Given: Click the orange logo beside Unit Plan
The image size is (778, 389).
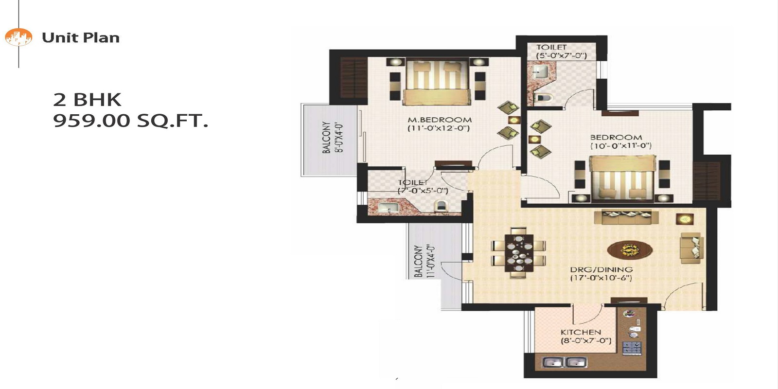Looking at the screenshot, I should click(x=18, y=37).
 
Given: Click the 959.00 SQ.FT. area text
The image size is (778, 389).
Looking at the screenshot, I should click(x=130, y=121).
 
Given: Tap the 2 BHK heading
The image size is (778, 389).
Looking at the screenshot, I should click(x=87, y=100).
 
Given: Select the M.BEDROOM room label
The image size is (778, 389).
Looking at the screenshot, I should click(x=440, y=120).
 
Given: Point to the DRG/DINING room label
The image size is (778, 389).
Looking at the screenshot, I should click(x=601, y=269).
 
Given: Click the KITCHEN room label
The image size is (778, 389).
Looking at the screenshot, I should click(x=581, y=332).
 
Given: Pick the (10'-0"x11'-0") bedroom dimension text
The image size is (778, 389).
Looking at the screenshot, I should click(x=621, y=146).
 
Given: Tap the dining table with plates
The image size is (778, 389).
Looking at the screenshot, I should click(x=519, y=252).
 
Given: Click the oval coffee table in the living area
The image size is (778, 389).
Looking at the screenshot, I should click(x=630, y=250).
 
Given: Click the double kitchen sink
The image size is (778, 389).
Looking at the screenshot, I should click(x=564, y=362).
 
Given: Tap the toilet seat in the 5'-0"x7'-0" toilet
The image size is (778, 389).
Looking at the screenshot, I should click(x=544, y=98).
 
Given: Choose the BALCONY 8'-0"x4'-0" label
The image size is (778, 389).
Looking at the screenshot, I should click(x=333, y=138).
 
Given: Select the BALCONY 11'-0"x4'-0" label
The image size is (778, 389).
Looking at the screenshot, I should click(x=424, y=261).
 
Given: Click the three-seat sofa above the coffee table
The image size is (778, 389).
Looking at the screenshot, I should click(x=626, y=217).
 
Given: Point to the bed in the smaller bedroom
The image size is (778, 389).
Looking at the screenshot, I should click(x=623, y=178).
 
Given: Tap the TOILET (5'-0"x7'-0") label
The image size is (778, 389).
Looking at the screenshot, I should click(x=561, y=51).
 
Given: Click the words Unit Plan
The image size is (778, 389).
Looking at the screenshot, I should click(x=81, y=37).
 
